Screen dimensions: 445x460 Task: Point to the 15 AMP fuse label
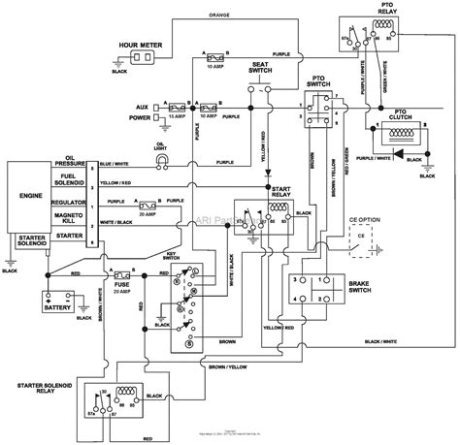(x=178, y=116)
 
